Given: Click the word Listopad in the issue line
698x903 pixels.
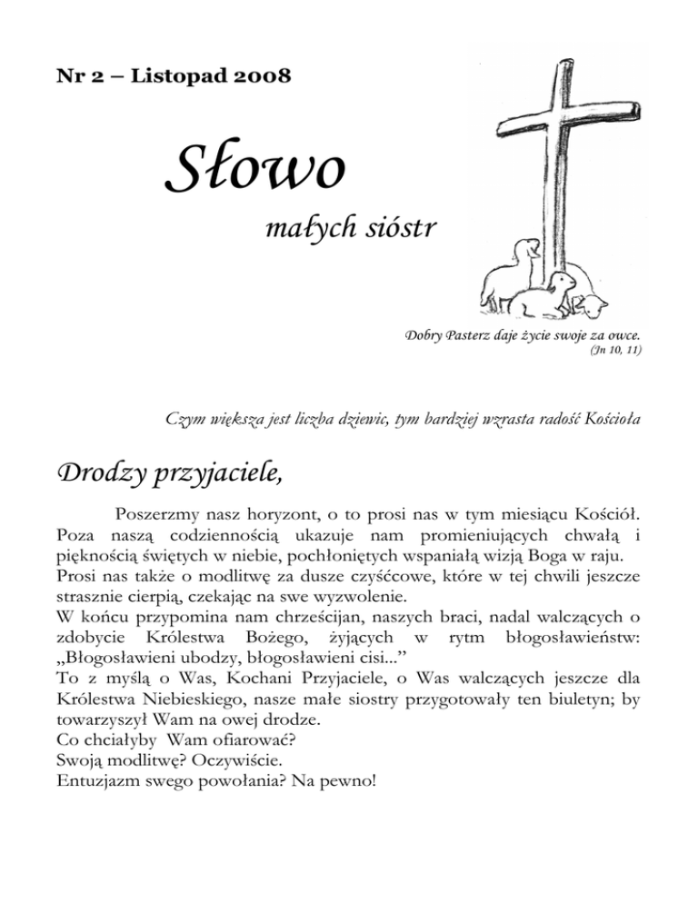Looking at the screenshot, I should [170, 76].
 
